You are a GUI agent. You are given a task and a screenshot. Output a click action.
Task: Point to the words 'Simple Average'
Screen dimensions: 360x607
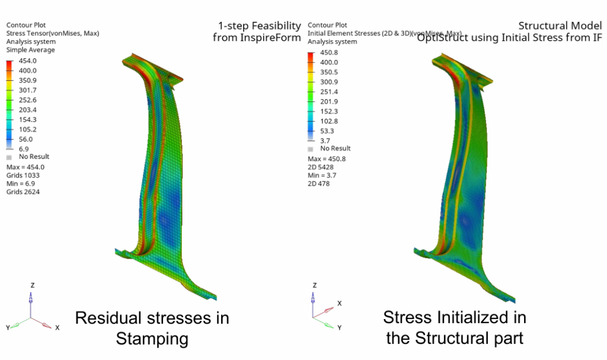(30, 50)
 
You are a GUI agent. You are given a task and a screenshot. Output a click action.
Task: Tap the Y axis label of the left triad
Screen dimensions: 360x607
(7, 327)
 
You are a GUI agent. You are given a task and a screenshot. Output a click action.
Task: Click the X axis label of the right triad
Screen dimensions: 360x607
(339, 303)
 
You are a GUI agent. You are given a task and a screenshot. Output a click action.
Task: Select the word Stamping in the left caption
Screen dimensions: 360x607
(152, 339)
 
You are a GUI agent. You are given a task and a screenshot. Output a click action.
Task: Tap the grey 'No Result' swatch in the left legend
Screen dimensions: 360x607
(8, 157)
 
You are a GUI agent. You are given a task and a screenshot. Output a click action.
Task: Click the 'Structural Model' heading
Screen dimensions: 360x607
(560, 26)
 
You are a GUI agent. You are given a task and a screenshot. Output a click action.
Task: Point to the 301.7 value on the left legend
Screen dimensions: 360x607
(28, 90)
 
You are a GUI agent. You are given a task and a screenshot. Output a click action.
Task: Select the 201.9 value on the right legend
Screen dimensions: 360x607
(328, 101)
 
